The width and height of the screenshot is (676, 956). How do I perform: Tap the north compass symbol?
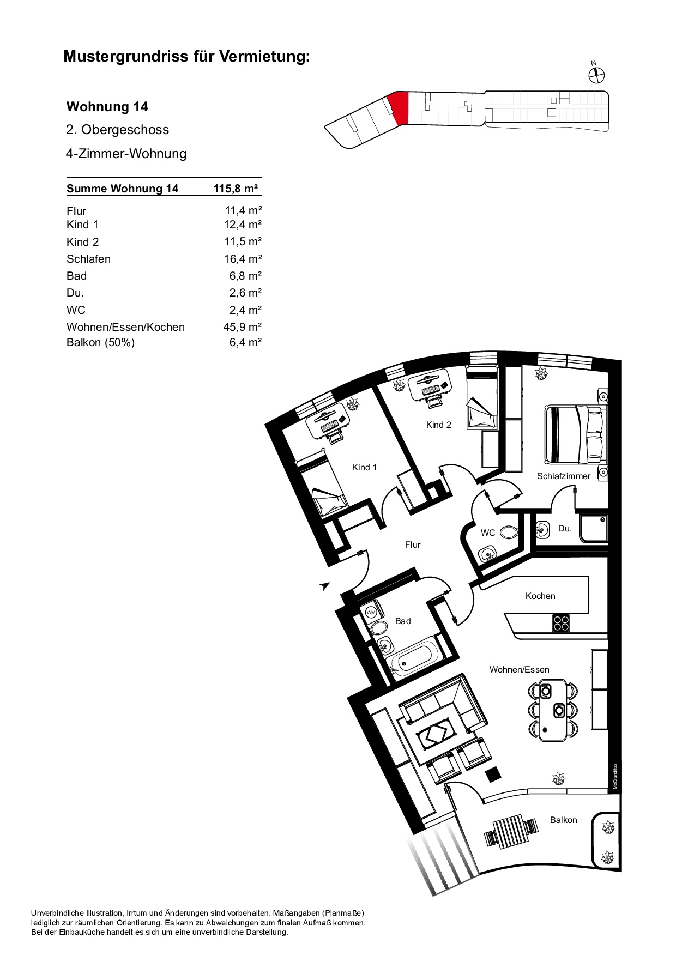pyautogui.click(x=597, y=74)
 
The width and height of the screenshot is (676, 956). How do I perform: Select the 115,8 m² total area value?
pyautogui.click(x=236, y=189)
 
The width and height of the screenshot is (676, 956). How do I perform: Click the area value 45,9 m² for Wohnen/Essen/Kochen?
pyautogui.click(x=243, y=327)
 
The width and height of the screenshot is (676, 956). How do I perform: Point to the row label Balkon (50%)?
pyautogui.click(x=101, y=342)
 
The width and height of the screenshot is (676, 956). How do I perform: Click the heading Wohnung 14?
pyautogui.click(x=107, y=107)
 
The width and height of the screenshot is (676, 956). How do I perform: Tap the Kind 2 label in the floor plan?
pyautogui.click(x=439, y=425)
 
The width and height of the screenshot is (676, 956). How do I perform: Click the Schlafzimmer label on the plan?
pyautogui.click(x=564, y=476)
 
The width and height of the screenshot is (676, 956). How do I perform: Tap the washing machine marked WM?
pyautogui.click(x=371, y=612)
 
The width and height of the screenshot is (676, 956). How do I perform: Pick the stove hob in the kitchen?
pyautogui.click(x=561, y=622)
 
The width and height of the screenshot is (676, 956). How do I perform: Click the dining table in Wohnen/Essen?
pyautogui.click(x=553, y=710)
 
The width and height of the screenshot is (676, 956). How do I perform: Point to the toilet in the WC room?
pyautogui.click(x=509, y=532)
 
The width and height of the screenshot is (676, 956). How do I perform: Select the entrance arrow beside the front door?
pyautogui.click(x=325, y=586)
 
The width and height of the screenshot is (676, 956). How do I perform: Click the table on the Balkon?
pyautogui.click(x=511, y=831)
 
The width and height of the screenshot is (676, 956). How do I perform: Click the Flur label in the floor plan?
pyautogui.click(x=413, y=545)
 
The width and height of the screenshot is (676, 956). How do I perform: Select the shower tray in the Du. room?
pyautogui.click(x=594, y=529)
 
